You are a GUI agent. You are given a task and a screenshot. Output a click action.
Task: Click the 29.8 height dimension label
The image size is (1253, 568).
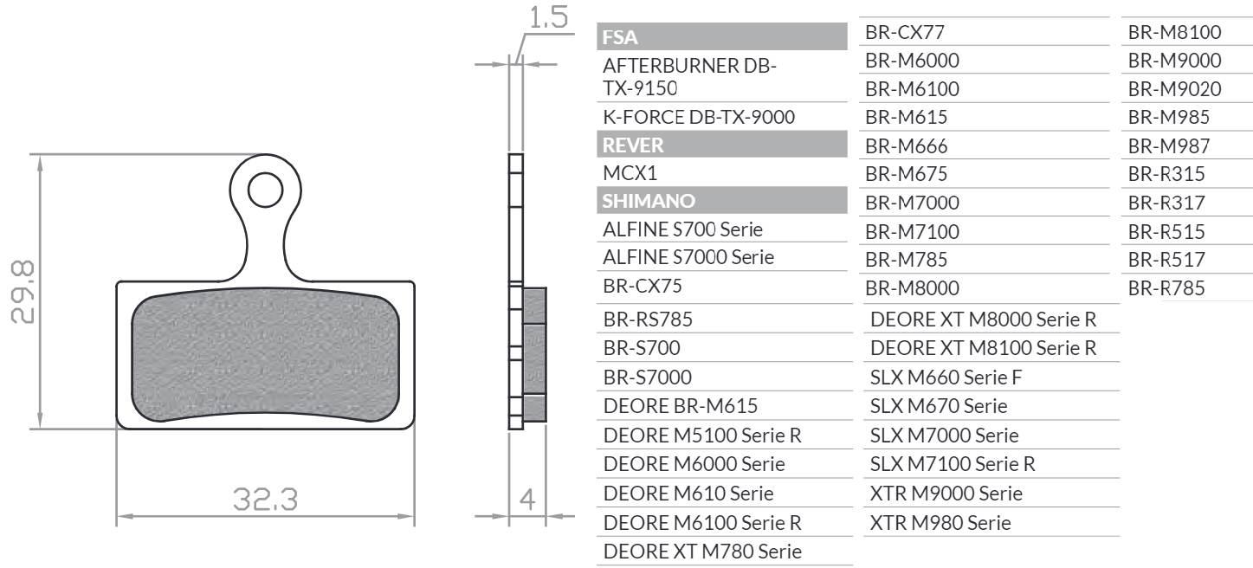(x=24, y=291)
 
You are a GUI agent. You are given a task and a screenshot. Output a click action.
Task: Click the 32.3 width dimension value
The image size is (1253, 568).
(x=266, y=500)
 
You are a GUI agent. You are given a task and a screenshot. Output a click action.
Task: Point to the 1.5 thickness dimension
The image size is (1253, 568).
(x=547, y=19)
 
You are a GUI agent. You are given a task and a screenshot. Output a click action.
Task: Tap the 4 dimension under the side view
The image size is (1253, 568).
(x=526, y=500)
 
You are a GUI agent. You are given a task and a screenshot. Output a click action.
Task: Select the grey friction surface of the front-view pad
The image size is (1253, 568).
(x=265, y=358)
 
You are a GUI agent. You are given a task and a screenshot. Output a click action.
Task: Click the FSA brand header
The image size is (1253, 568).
(x=620, y=37)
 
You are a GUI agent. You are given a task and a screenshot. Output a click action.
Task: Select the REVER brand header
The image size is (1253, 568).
(x=633, y=145)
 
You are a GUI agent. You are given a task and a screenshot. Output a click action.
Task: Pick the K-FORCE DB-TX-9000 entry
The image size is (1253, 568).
(x=699, y=117)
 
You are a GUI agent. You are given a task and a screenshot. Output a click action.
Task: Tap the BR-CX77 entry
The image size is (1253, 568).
(x=905, y=33)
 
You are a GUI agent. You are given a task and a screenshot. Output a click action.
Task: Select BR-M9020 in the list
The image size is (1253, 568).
(x=1174, y=89)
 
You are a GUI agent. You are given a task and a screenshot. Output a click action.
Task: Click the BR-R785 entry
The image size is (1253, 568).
(x=1166, y=288)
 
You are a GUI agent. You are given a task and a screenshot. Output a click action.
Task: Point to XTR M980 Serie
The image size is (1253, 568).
(x=940, y=523)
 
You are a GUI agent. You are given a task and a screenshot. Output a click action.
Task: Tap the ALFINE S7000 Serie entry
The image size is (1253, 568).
(x=688, y=257)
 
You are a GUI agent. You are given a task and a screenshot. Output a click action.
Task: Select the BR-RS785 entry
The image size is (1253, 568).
(x=648, y=319)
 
